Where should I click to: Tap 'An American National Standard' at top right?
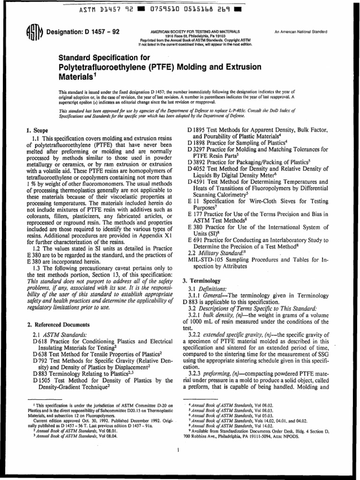click(300, 31)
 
